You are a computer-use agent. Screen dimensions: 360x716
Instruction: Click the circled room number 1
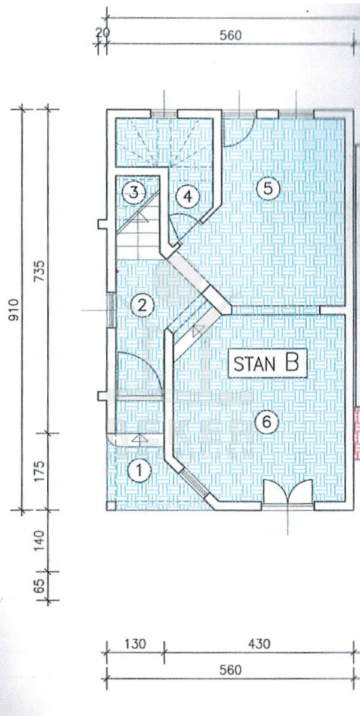[139, 471]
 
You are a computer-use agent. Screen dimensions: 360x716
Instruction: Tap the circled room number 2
[142, 306]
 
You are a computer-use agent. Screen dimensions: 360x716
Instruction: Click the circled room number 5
[268, 188]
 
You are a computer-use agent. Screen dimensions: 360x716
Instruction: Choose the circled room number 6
[267, 422]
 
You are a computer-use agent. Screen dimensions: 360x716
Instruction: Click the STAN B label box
[266, 363]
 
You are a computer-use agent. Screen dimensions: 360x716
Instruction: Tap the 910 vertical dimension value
[15, 309]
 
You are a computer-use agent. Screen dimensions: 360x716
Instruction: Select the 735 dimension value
[40, 271]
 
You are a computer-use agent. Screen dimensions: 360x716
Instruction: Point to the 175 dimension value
[40, 471]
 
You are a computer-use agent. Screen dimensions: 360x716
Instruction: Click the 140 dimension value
[40, 540]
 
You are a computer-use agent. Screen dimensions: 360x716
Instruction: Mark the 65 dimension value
[40, 586]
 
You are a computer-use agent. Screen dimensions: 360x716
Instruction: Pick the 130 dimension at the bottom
[135, 644]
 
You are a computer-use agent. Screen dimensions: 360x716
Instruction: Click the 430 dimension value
[258, 644]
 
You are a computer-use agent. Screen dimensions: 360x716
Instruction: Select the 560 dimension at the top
[230, 36]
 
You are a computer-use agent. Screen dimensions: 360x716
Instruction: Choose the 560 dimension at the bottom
[230, 670]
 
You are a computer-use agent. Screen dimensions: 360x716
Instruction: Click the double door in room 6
[288, 492]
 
